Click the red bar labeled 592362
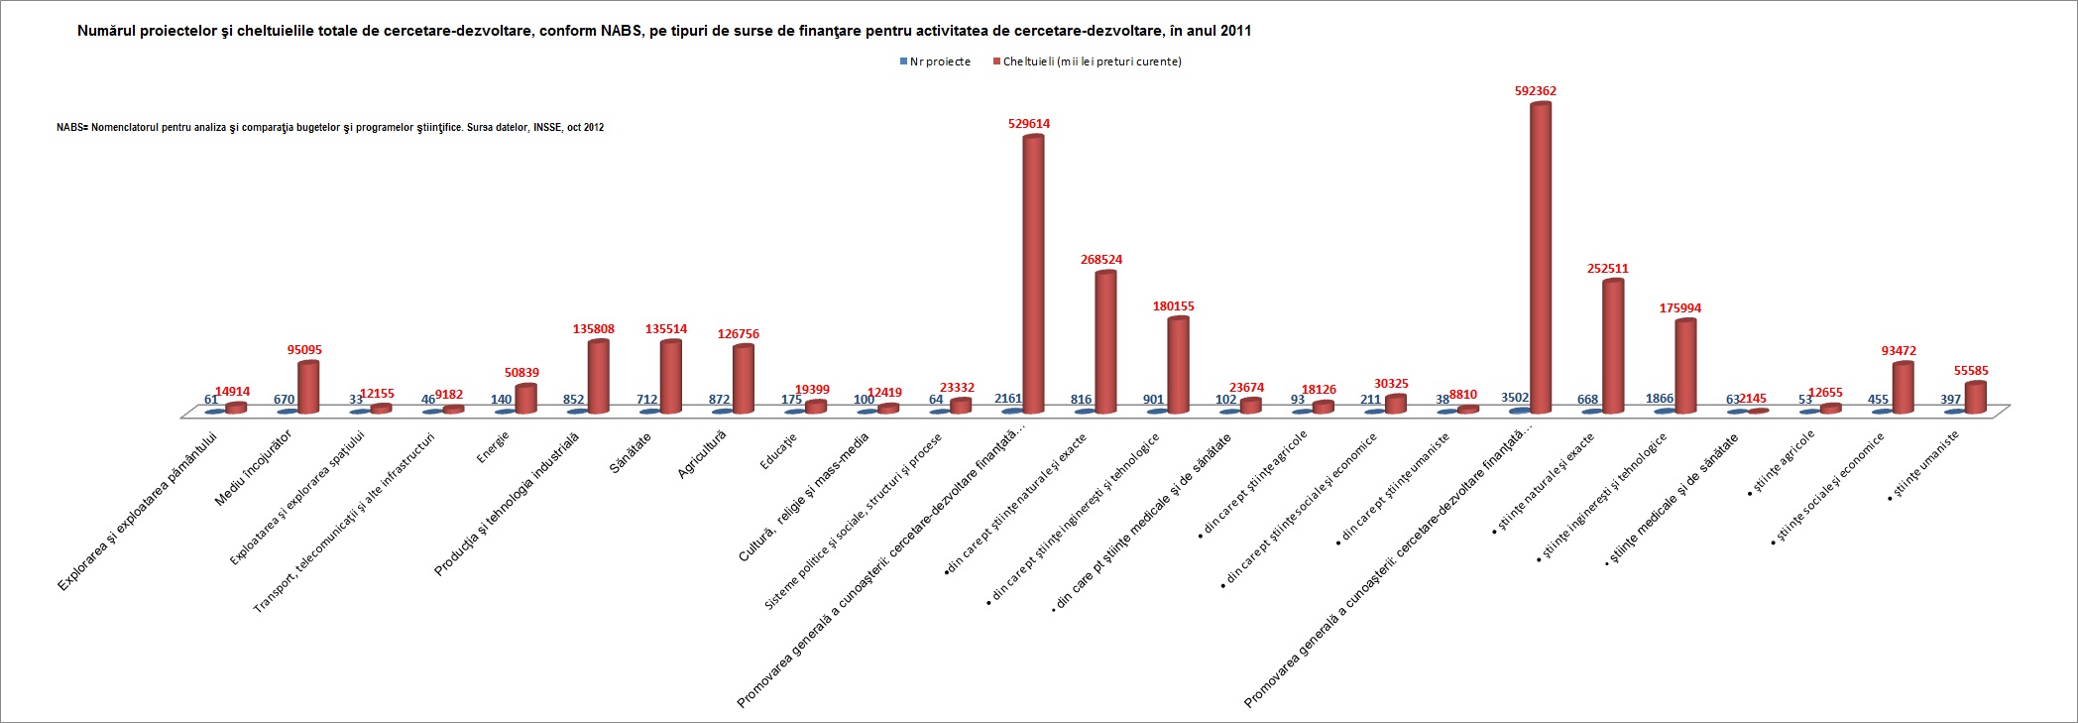[1540, 258]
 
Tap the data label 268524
[1101, 260]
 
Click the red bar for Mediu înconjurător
[308, 387]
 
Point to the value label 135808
[594, 329]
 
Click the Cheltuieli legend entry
[1092, 61]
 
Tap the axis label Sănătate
[631, 452]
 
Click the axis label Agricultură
[702, 455]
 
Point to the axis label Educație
[779, 450]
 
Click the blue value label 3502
[1515, 398]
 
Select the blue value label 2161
[1008, 399]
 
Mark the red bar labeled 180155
[1178, 364]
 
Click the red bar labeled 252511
[1613, 346]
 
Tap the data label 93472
[1899, 351]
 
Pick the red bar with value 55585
[1975, 397]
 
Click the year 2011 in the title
[1235, 31]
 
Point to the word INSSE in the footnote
[547, 128]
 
